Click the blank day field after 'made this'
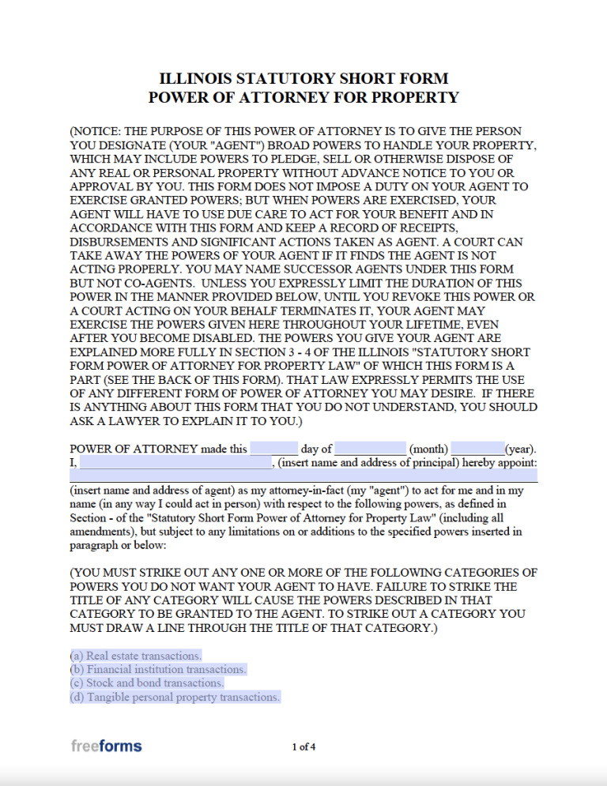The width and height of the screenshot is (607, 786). point(273,449)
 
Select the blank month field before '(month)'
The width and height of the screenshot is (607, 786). point(370,449)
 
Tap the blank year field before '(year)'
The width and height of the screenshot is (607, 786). point(478,449)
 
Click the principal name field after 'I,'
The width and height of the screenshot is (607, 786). point(175,463)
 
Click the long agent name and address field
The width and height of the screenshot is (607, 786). point(303,476)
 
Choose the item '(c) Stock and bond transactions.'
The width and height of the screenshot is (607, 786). point(147,683)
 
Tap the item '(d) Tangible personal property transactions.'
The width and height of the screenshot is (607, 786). point(175,698)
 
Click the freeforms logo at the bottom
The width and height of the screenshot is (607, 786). point(106,745)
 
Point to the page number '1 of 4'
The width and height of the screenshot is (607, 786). point(303,747)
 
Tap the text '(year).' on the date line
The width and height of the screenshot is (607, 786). point(521,449)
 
